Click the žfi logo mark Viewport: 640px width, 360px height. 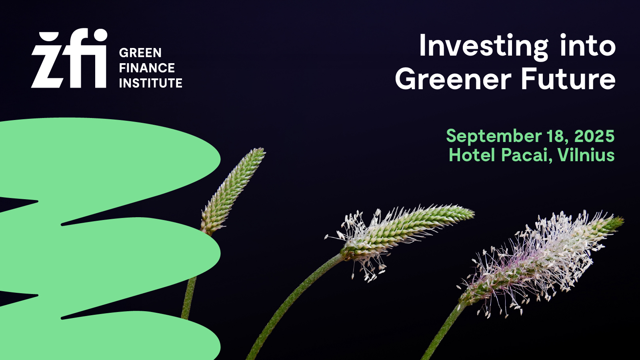click(69, 58)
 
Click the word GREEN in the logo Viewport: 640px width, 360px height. click(140, 52)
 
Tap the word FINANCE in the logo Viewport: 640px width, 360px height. click(147, 68)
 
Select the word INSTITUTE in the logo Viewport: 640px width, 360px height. click(150, 83)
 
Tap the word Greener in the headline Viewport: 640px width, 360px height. click(453, 78)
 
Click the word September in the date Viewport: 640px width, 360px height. click(494, 137)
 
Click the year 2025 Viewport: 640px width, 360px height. click(594, 136)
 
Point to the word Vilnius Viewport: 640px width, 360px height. click(586, 155)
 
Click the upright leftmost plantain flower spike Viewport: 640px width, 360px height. click(233, 192)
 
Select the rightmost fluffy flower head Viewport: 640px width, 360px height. click(540, 263)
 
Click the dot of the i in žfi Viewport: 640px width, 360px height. click(99, 36)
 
